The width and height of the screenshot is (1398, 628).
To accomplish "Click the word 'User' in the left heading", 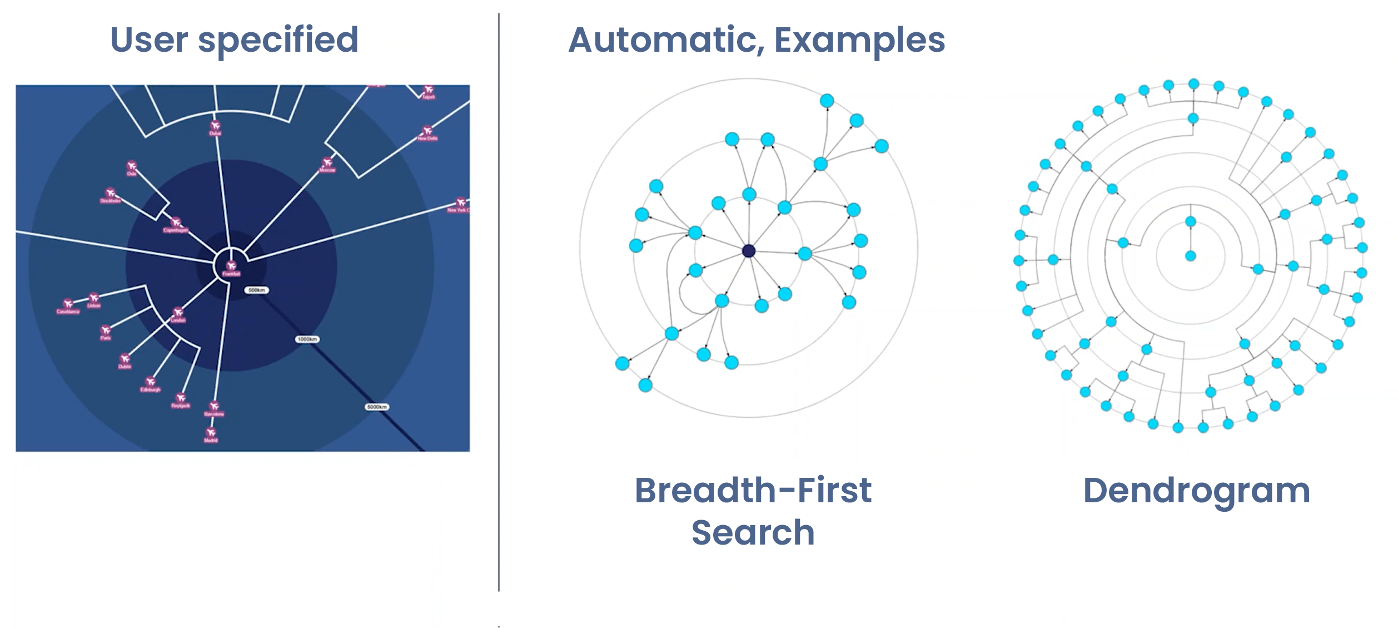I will pos(149,40).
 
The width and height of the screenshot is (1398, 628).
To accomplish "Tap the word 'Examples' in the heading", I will pos(859,40).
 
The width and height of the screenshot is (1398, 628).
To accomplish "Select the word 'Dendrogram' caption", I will pos(1196,491).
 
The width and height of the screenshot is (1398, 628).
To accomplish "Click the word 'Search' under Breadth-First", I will pos(753,532).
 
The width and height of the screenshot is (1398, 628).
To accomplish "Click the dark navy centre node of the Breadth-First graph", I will pos(749,251).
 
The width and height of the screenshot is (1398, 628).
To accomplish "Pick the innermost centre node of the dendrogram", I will pos(1190,256).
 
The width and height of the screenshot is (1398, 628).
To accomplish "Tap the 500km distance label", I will pos(256,290).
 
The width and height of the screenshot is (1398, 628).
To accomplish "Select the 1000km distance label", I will pos(307,339).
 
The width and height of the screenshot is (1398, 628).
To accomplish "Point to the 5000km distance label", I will pos(376,407).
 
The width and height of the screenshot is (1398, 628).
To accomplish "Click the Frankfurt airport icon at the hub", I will pos(231,265).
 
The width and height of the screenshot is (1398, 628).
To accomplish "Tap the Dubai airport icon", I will pos(215,126).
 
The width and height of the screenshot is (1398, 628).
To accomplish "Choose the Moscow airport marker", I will pos(327,162).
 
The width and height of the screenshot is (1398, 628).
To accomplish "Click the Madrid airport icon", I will pos(211,432).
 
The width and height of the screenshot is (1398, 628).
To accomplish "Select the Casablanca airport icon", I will pos(68,304).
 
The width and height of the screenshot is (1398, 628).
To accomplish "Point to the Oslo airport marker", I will pos(132,166).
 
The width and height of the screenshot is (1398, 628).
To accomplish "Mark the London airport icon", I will pos(178,312).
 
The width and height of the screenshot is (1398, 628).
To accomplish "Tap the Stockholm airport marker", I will pos(110,193).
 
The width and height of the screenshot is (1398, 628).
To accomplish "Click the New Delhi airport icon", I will pos(427,131).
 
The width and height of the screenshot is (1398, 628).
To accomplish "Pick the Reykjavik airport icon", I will pos(181,398).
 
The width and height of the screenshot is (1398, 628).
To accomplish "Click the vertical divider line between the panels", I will pos(499,300).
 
